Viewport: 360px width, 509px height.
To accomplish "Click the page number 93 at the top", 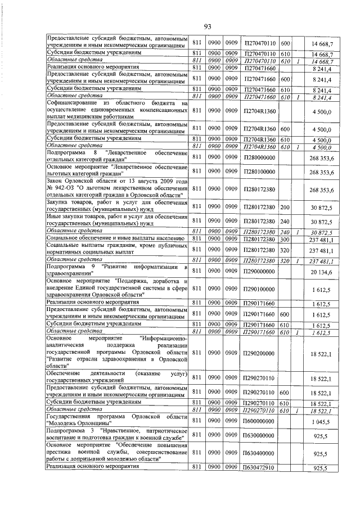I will click(206, 26).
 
